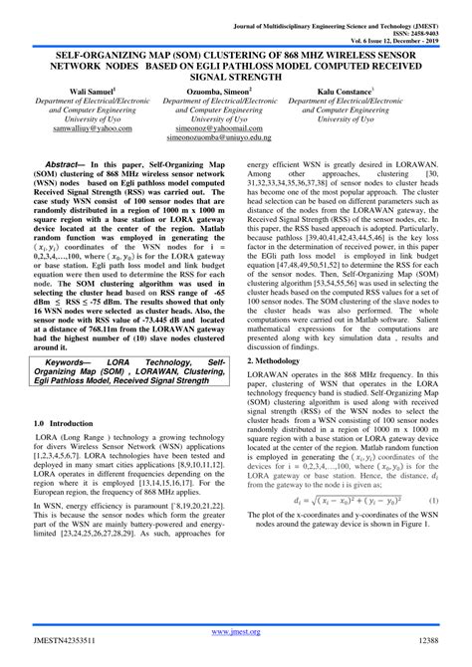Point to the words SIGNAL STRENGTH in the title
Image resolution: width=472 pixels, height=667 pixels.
tap(236, 71)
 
